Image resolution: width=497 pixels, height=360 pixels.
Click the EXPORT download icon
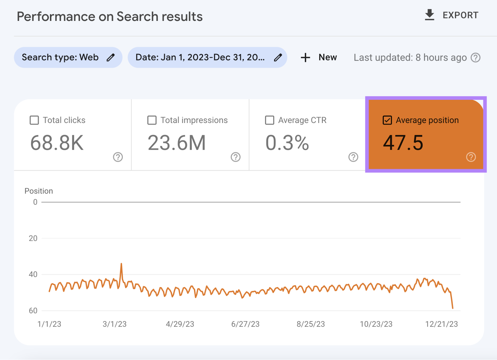click(429, 15)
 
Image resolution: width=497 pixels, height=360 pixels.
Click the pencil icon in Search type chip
click(111, 57)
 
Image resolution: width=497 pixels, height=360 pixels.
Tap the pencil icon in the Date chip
click(278, 57)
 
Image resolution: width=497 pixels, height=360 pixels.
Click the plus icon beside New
click(305, 57)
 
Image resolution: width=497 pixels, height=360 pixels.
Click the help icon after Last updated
click(475, 57)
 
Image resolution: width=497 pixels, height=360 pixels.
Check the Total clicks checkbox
click(34, 120)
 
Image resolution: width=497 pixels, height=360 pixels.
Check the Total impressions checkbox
click(152, 120)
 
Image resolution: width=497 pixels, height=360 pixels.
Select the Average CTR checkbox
click(270, 120)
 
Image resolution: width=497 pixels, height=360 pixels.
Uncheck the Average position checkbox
click(387, 120)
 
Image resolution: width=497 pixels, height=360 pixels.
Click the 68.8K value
click(57, 143)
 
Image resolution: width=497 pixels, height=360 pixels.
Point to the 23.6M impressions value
click(176, 143)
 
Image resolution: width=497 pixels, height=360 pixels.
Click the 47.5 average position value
click(403, 143)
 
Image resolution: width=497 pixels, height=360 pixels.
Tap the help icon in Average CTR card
click(353, 157)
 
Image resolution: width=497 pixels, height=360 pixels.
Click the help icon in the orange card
click(471, 157)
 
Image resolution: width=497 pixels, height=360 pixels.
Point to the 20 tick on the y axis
click(33, 238)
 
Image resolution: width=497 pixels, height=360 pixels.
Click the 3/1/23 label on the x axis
click(115, 324)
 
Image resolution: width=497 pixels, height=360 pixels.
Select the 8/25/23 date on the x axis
click(311, 324)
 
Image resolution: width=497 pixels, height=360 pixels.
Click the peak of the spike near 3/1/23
click(121, 264)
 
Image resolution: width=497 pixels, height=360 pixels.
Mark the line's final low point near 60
click(453, 308)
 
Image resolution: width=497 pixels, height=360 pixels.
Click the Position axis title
click(39, 191)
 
